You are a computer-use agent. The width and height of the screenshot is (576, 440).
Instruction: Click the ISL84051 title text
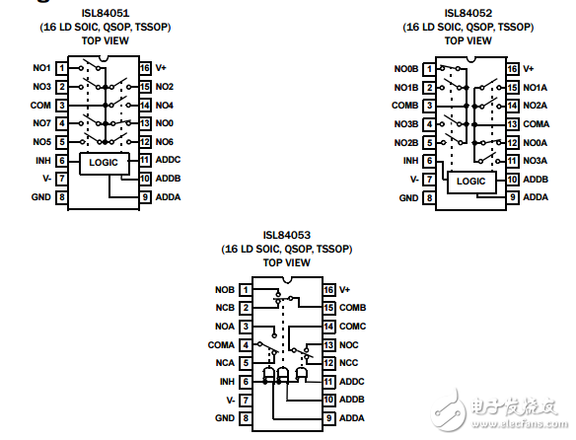click(x=104, y=14)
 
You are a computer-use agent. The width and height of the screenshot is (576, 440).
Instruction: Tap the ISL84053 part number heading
click(x=287, y=235)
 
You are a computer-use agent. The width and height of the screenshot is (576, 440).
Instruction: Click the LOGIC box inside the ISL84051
click(x=104, y=160)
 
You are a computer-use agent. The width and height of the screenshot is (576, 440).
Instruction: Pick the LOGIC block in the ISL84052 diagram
click(x=472, y=181)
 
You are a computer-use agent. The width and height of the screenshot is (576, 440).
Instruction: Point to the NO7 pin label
click(x=41, y=123)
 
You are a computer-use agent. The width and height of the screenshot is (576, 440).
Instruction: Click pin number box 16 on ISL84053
click(x=328, y=290)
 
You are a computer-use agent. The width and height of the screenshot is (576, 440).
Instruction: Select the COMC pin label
click(x=353, y=326)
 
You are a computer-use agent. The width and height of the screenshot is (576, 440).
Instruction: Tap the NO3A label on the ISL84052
click(x=535, y=160)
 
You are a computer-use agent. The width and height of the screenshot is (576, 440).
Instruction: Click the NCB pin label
click(x=225, y=308)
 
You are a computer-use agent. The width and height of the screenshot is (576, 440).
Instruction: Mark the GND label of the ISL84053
click(x=225, y=418)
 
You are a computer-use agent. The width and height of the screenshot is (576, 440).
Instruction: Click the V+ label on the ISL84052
click(x=528, y=68)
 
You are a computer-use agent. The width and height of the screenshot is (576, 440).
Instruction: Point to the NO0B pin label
click(x=405, y=68)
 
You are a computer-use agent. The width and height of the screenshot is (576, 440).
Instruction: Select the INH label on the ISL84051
click(x=42, y=160)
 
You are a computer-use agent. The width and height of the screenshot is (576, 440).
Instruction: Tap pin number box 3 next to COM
click(x=61, y=105)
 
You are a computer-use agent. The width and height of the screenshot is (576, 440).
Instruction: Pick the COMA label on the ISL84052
click(x=536, y=123)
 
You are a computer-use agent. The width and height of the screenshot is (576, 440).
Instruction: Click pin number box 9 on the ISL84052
click(x=512, y=197)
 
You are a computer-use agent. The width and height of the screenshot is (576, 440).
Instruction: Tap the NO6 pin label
click(x=164, y=141)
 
